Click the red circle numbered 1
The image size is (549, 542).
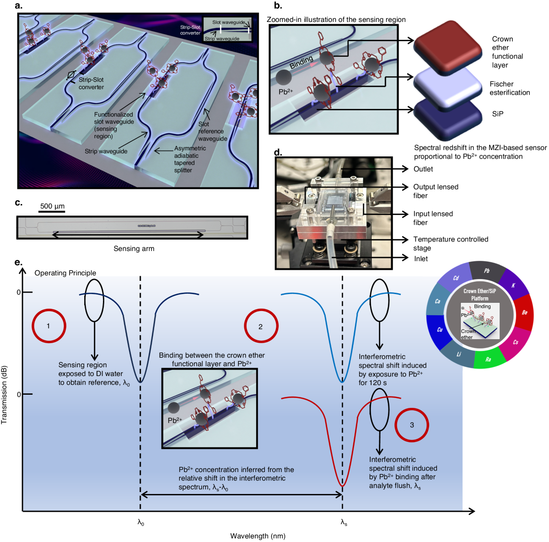(48, 326)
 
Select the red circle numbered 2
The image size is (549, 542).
(261, 326)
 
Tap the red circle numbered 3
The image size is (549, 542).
(412, 425)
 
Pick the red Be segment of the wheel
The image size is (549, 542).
(524, 312)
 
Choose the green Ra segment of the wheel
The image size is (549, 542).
(489, 359)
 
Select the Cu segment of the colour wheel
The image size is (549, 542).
(439, 329)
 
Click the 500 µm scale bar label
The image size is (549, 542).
(52, 206)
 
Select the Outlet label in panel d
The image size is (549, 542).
(423, 169)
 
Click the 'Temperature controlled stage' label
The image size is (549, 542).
(450, 244)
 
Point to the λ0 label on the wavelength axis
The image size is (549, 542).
(141, 522)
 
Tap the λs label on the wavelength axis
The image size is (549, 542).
(344, 522)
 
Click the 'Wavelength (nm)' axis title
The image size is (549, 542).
(258, 536)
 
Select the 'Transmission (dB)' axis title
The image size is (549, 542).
(5, 394)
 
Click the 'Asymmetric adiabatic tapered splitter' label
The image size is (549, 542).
(189, 159)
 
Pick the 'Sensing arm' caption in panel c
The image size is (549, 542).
(134, 249)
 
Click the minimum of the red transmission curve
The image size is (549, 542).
(342, 485)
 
